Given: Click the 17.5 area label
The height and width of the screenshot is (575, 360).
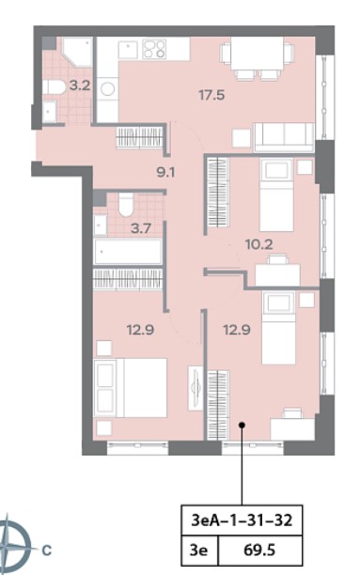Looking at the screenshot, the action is click(211, 95).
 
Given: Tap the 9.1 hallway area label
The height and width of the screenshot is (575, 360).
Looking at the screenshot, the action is click(165, 172).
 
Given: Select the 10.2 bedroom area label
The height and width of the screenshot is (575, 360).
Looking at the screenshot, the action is click(259, 244).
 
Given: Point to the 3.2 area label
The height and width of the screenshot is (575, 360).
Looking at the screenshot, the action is click(80, 85).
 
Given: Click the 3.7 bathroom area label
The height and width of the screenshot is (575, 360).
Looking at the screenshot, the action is click(141, 229).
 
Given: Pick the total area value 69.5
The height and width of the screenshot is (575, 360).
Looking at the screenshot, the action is click(259, 550).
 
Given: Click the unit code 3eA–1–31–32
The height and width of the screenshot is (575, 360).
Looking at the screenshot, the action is click(242, 520).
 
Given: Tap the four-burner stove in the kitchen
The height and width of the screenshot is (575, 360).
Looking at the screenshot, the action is click(154, 49).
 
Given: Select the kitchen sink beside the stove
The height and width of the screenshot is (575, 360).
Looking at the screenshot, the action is click(128, 50).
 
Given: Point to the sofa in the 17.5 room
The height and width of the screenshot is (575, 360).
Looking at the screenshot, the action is click(284, 137).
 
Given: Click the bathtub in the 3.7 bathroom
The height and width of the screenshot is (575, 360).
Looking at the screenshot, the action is click(128, 251).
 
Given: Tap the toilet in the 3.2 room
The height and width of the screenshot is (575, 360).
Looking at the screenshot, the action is click(54, 87).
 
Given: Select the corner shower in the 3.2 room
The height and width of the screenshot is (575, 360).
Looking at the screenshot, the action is click(77, 52).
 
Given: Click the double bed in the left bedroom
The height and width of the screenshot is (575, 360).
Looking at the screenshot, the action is click(131, 388).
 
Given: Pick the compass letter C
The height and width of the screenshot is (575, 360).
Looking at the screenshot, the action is click(47, 550).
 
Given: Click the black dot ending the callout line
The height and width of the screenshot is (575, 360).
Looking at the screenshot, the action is click(242, 425).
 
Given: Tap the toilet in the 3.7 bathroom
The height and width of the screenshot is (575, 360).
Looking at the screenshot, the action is click(126, 204).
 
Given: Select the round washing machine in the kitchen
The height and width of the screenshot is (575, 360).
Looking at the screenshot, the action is click(108, 88).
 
